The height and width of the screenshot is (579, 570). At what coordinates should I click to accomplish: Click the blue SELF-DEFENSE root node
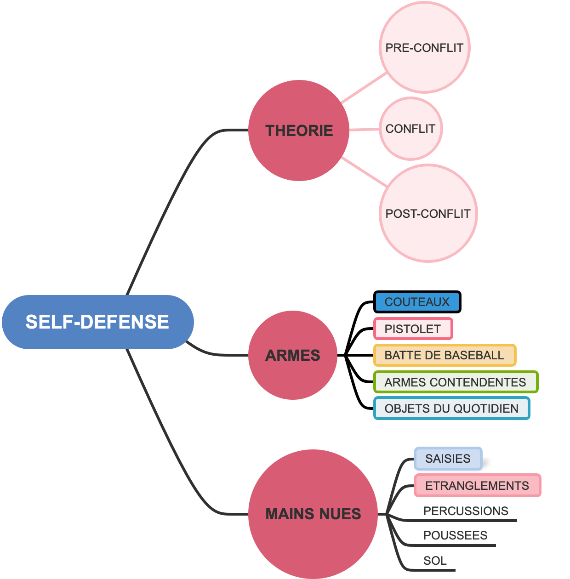click(97, 322)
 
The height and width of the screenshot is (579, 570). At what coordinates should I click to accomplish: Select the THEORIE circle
click(299, 131)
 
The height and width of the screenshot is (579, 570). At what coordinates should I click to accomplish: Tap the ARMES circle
click(293, 355)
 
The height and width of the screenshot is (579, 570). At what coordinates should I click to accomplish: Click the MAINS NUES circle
click(313, 514)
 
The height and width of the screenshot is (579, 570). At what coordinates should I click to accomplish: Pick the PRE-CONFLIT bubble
click(424, 48)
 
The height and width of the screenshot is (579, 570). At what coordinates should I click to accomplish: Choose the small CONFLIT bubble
click(410, 129)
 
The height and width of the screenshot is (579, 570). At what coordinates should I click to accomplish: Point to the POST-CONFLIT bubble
click(428, 214)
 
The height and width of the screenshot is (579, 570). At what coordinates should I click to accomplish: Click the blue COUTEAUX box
click(417, 302)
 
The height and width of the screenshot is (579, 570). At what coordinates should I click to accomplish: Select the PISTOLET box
click(413, 329)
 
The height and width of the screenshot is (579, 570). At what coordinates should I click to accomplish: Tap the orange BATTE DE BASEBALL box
click(445, 355)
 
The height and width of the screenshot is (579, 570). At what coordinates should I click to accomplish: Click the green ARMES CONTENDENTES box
click(456, 382)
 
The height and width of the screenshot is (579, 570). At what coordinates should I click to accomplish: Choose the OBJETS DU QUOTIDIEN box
click(451, 409)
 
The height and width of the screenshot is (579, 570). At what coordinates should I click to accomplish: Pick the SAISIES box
click(448, 459)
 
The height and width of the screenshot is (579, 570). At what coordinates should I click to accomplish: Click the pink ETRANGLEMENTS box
click(477, 486)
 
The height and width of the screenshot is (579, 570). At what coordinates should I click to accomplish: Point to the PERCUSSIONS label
click(466, 511)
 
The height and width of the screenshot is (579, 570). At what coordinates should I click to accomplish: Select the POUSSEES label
click(455, 535)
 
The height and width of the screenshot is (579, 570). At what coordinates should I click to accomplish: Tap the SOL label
click(435, 561)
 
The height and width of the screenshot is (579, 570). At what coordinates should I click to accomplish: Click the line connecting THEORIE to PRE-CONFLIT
click(364, 88)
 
